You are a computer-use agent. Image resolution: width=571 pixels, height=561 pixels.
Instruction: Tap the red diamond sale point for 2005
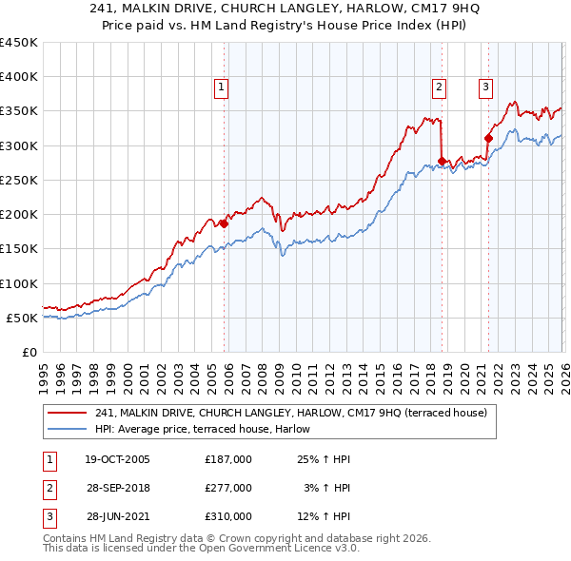click(x=224, y=223)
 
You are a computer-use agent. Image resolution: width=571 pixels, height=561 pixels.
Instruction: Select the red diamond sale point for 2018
click(x=442, y=161)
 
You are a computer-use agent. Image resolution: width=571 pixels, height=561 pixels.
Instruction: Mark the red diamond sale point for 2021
click(x=488, y=138)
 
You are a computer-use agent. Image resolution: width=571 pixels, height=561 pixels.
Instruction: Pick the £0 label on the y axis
click(x=29, y=352)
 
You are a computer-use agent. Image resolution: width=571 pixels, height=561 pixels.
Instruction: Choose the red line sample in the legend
click(x=68, y=413)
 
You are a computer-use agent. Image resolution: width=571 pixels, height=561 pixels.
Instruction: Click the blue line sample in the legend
click(x=68, y=429)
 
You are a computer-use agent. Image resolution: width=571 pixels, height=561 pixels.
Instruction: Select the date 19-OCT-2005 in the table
click(x=117, y=459)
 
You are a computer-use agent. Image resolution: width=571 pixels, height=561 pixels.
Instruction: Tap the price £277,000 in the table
click(x=228, y=488)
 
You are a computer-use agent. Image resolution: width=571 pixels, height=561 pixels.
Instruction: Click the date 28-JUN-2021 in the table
click(x=117, y=516)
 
